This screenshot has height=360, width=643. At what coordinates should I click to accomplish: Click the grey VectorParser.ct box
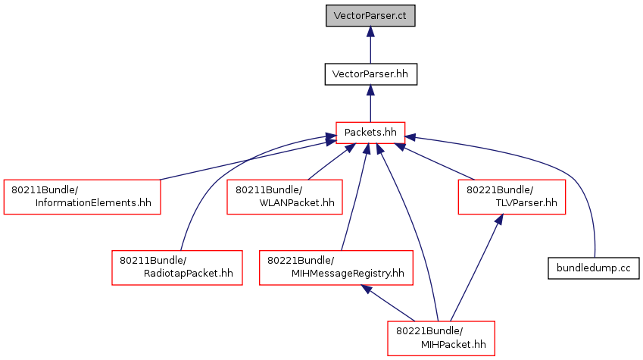click(x=370, y=16)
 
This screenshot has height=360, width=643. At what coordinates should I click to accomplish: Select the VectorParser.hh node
click(x=370, y=74)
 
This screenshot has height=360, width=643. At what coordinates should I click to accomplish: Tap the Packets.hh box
click(x=370, y=133)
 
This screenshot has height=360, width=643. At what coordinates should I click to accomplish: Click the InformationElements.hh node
click(x=82, y=196)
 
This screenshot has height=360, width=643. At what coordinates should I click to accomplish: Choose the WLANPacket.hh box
click(x=285, y=196)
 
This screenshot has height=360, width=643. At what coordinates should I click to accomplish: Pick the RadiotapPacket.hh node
click(x=177, y=268)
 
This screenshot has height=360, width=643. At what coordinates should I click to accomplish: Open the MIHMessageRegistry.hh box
click(x=336, y=268)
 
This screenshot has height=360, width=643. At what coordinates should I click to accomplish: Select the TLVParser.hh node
click(x=512, y=196)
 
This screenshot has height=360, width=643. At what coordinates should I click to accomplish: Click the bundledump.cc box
click(x=593, y=268)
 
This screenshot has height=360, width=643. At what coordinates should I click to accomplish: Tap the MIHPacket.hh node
click(x=442, y=339)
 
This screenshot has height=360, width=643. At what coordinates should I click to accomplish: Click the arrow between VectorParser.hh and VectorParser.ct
click(x=370, y=45)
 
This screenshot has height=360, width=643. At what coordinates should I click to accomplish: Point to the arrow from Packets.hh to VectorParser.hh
click(x=370, y=103)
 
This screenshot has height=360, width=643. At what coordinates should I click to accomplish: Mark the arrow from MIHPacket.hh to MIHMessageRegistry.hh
click(x=388, y=303)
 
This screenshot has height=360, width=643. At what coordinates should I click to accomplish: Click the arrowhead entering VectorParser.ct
click(x=370, y=32)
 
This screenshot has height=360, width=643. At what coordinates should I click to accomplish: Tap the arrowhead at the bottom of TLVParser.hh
click(x=499, y=219)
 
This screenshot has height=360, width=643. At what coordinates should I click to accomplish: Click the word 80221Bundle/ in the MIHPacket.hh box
click(x=429, y=331)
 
